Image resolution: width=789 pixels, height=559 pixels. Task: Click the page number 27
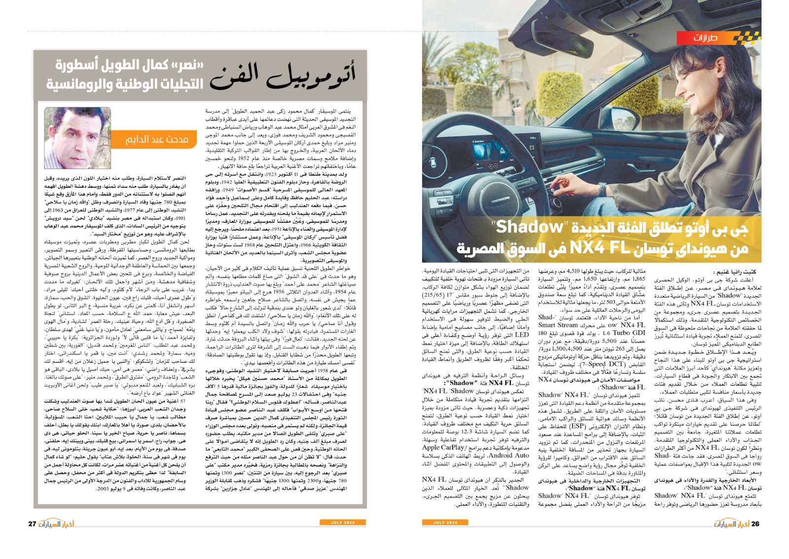(32, 524)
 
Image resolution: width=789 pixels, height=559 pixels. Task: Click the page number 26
(755, 524)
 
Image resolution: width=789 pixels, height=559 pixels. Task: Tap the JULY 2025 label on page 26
(445, 522)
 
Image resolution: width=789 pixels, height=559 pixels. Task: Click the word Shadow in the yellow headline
(529, 227)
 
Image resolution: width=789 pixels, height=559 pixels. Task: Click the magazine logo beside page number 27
(56, 524)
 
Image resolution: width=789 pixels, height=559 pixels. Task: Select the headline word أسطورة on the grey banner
(76, 65)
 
